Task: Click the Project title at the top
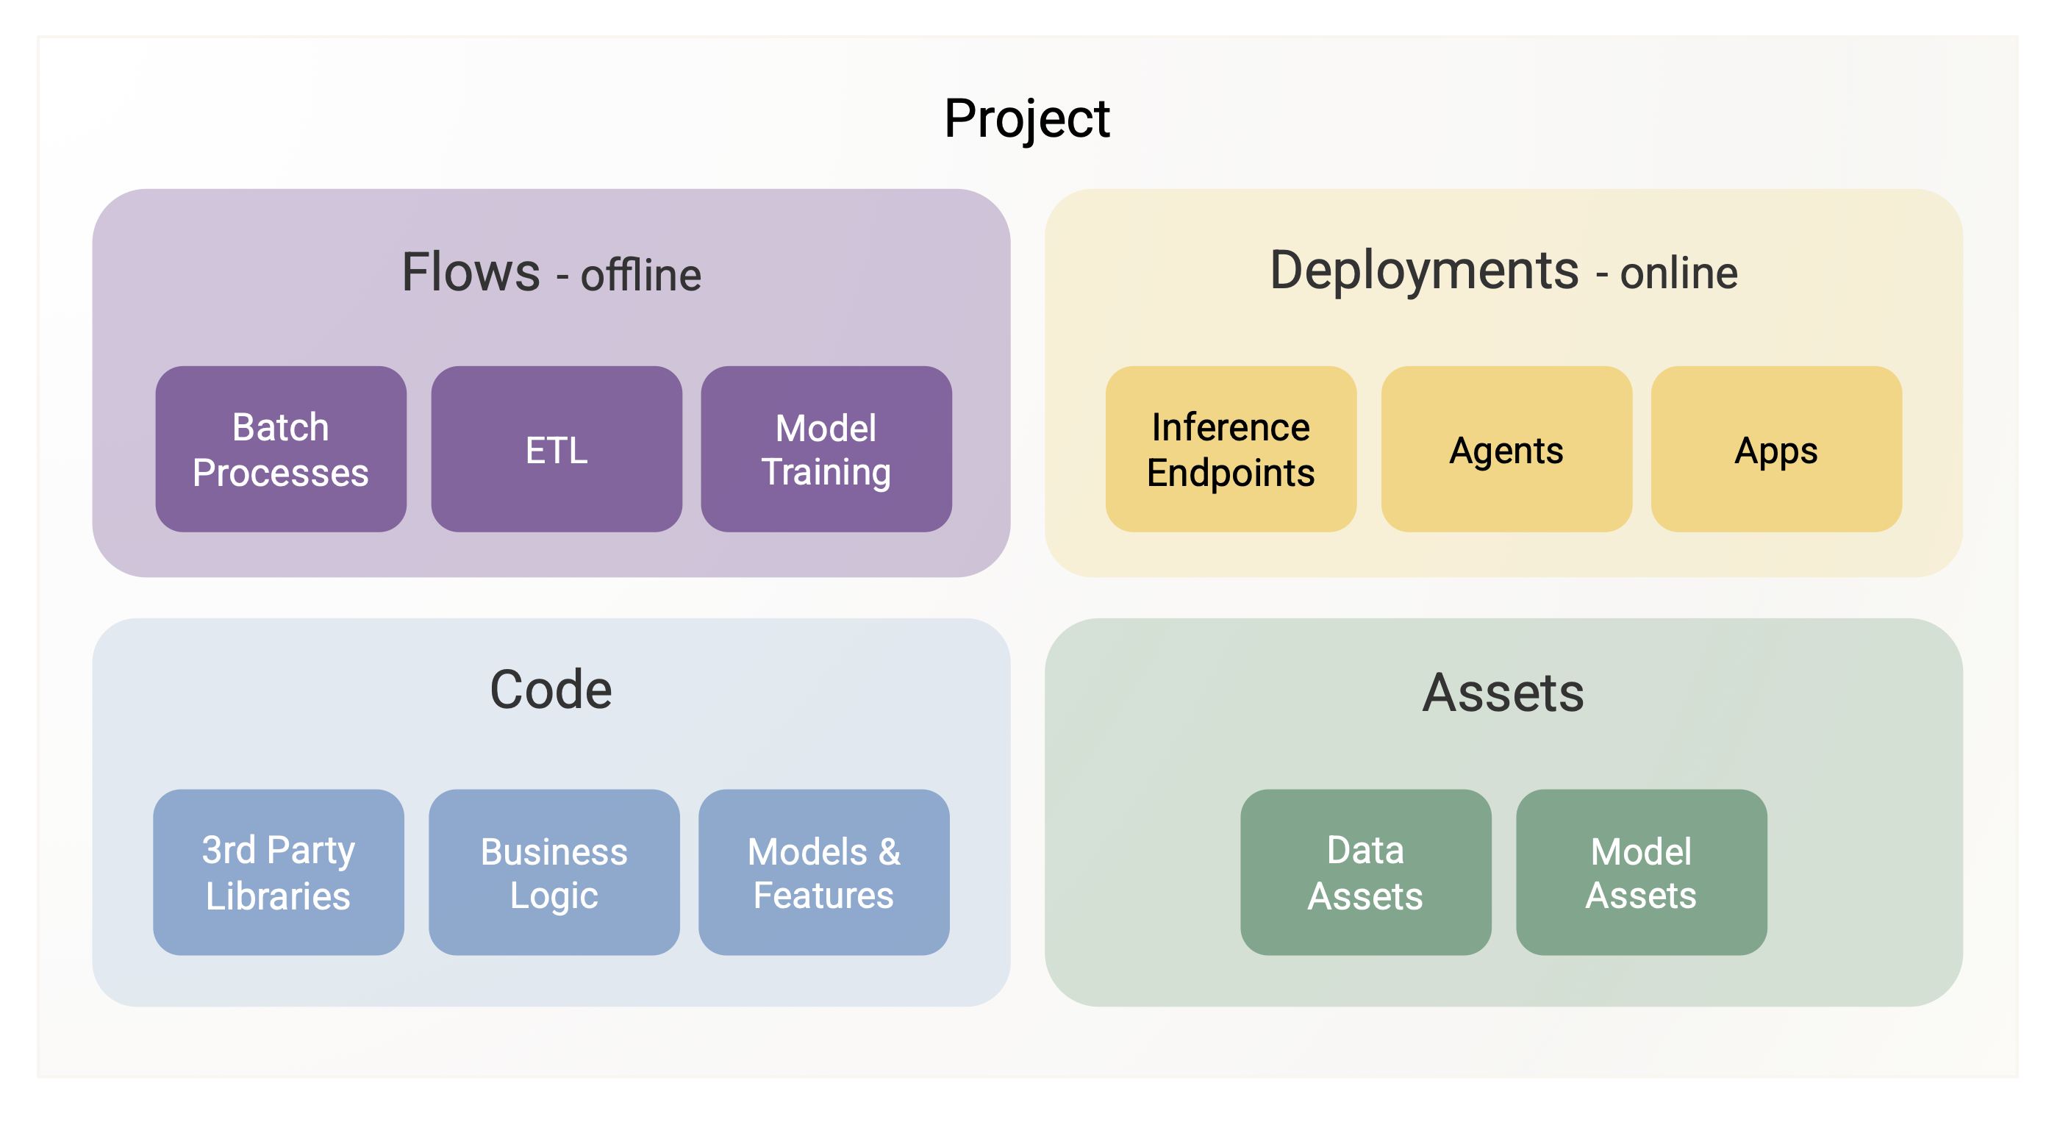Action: pos(1027,119)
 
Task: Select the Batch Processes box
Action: pos(281,449)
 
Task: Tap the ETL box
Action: pos(557,449)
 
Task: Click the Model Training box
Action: pos(826,449)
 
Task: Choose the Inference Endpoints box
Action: pos(1231,449)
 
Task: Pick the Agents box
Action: pos(1506,449)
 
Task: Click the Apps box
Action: pos(1776,449)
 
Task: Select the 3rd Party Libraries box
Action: pos(279,873)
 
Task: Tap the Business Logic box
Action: pos(554,873)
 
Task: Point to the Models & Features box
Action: pos(823,873)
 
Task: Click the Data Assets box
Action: pos(1366,873)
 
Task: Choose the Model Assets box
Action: pos(1642,873)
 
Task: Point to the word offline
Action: pos(641,275)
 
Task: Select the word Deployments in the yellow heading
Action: pos(1424,272)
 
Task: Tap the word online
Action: pos(1679,274)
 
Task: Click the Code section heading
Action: pos(551,690)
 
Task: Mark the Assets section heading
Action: pos(1503,693)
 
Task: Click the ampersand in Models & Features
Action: pos(890,852)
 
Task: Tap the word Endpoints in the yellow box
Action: pos(1231,474)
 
